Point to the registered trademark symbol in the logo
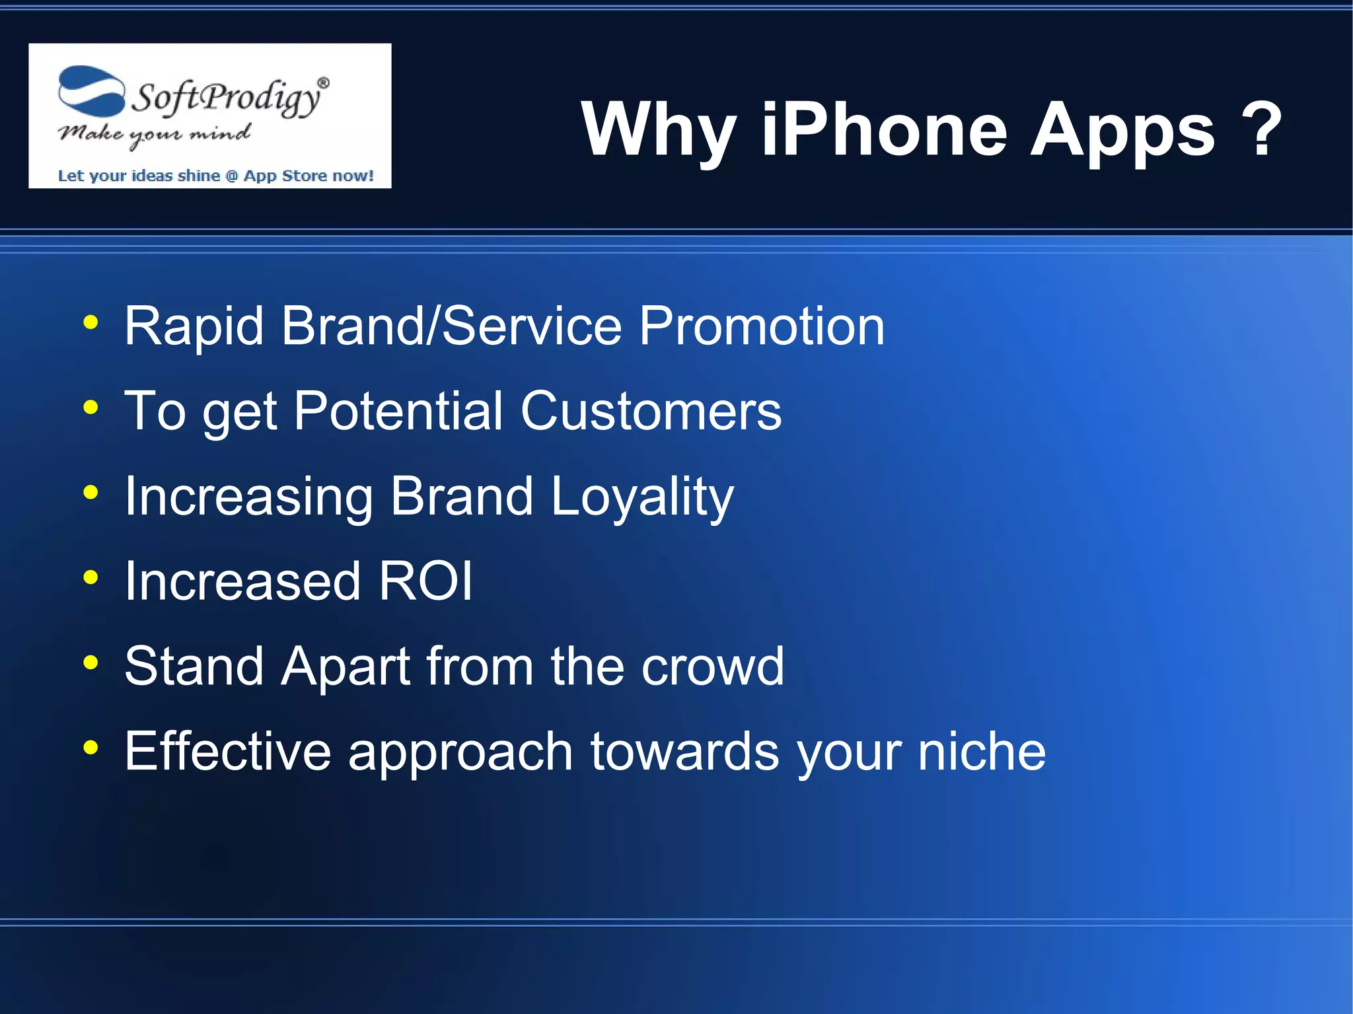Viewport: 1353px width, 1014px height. coord(323,83)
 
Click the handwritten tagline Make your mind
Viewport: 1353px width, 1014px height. coord(154,135)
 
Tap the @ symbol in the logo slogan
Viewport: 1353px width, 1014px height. coord(231,176)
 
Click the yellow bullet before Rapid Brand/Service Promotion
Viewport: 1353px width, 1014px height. coord(91,323)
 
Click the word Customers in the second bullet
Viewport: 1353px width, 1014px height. coord(651,411)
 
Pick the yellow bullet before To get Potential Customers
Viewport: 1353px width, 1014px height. coord(91,408)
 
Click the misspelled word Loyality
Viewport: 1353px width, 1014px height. coord(641,497)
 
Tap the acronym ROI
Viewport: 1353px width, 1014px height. coord(425,581)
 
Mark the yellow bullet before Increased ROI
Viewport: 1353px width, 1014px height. coord(91,578)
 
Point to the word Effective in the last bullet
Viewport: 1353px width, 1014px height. coord(227,752)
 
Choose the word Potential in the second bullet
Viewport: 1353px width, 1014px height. coord(398,411)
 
